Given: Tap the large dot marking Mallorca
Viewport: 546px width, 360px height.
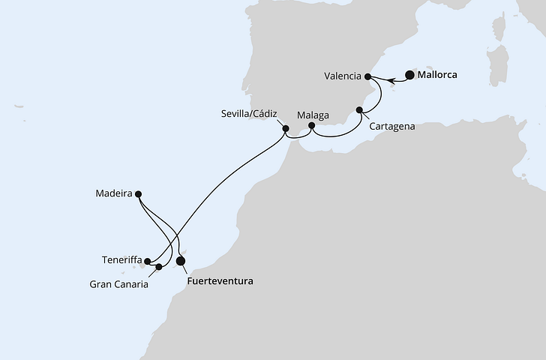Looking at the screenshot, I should click(x=409, y=74).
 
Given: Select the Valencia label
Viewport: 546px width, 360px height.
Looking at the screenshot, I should click(x=343, y=76).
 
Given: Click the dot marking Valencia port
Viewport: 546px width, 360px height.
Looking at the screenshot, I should click(x=367, y=76).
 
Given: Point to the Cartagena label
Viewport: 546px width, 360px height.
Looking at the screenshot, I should click(x=392, y=127).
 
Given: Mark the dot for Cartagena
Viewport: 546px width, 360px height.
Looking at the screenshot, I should click(x=359, y=110).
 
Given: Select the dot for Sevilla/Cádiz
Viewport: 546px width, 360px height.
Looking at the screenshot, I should click(x=285, y=129).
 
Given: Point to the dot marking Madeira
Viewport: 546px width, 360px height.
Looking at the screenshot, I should click(x=139, y=193).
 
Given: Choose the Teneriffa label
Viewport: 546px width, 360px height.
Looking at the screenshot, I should click(x=121, y=259).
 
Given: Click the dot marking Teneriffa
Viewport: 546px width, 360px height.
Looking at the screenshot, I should click(x=148, y=262).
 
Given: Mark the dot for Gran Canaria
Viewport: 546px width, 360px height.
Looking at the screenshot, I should click(x=159, y=267).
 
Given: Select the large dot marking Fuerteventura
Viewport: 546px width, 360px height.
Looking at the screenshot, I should click(x=180, y=261).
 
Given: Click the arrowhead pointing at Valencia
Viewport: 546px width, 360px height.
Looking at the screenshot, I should click(x=375, y=76).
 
